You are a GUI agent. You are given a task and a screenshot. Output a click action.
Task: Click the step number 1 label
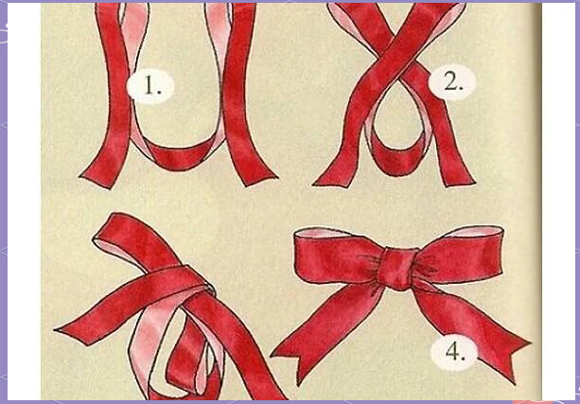click(150, 86)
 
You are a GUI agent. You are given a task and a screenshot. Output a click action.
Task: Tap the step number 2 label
click(452, 82)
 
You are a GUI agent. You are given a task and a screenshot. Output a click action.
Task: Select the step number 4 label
click(454, 352)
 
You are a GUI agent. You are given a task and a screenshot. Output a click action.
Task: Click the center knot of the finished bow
click(397, 268)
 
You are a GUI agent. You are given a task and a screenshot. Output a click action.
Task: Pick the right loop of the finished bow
click(463, 255)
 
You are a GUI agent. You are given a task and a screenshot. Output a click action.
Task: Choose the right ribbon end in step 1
click(259, 177)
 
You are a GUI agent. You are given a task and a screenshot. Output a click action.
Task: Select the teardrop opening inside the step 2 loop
click(393, 118)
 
